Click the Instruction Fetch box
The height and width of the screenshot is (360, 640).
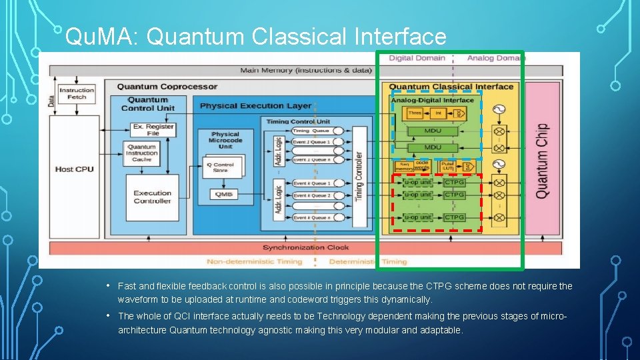point(77,93)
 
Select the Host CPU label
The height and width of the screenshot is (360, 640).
point(74,169)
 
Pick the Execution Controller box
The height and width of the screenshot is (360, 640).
point(152,197)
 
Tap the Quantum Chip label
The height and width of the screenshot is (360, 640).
point(542,160)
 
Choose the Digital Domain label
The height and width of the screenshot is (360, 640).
point(417,58)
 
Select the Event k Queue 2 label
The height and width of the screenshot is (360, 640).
point(311,195)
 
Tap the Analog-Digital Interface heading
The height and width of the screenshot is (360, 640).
point(432,101)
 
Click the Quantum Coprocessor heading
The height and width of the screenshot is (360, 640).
point(167,86)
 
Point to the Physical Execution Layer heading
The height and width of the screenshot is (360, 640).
point(255,105)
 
